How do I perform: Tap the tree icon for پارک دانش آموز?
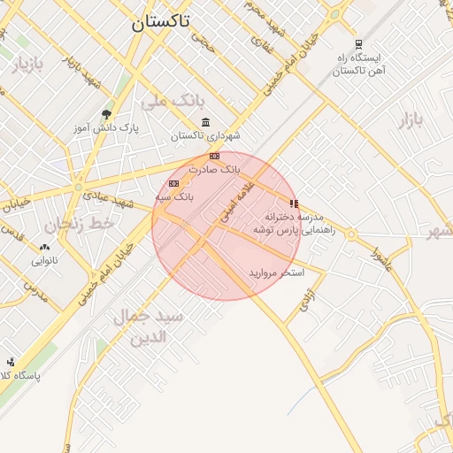click(107, 114)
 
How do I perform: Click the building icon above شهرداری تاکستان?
click(206, 122)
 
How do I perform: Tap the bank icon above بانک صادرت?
click(214, 156)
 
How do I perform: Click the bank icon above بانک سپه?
click(173, 183)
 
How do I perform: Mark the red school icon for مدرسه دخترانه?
click(294, 203)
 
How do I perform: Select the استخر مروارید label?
click(276, 273)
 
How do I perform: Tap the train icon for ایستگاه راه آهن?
click(357, 44)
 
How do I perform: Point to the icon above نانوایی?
click(45, 247)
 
